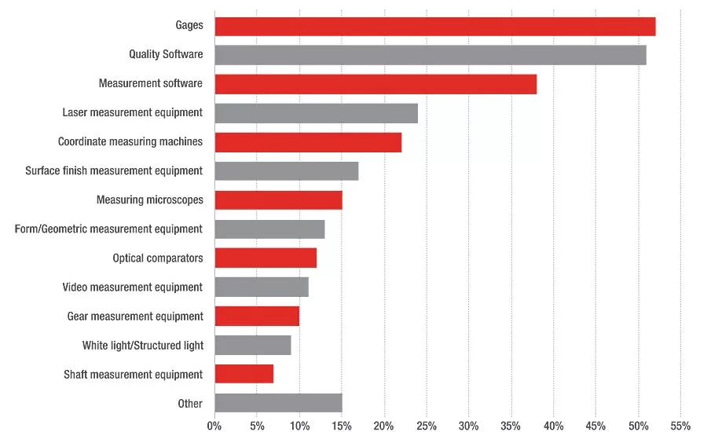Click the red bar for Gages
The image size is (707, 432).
click(435, 27)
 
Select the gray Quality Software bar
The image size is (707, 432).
click(430, 55)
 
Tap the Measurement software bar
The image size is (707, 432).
click(375, 84)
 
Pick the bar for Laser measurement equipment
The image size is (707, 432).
click(316, 113)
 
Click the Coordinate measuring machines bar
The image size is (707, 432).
click(308, 142)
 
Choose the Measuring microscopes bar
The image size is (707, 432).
click(279, 200)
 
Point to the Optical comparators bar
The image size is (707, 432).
click(266, 258)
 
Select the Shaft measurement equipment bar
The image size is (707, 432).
click(244, 374)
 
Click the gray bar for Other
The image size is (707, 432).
click(279, 403)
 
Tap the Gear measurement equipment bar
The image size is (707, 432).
click(257, 316)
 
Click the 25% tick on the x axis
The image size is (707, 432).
click(427, 426)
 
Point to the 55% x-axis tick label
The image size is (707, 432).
click(680, 426)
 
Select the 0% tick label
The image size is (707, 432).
click(214, 426)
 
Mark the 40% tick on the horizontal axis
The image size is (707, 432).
click(553, 426)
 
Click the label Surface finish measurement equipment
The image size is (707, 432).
click(114, 171)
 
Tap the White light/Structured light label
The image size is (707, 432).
click(143, 346)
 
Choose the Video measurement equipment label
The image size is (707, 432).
click(133, 287)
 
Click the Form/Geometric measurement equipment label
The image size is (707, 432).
click(108, 229)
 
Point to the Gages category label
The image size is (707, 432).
click(189, 25)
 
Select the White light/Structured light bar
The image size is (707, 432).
click(253, 346)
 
